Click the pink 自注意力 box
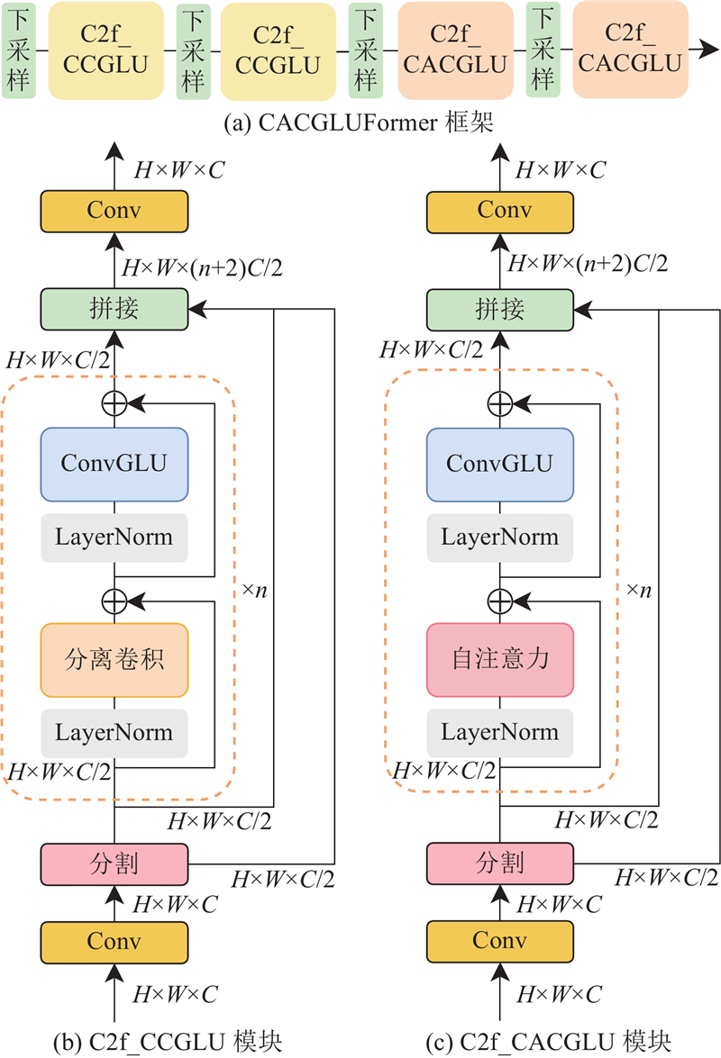499,659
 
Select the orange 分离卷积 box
114,659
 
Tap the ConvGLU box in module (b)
114,465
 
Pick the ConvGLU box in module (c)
499,465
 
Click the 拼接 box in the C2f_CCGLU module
114,309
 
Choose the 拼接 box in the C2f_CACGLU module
499,310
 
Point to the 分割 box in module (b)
114,864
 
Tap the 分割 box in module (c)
499,864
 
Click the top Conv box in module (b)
114,212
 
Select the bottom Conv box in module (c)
499,941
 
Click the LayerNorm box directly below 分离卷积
114,733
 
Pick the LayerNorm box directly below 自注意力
499,733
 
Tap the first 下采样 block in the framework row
18,50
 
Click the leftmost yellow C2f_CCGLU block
106,50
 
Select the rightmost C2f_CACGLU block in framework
631,50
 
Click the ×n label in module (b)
254,591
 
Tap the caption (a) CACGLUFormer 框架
359,122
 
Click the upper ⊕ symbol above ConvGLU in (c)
499,404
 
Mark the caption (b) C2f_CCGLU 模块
168,1042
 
